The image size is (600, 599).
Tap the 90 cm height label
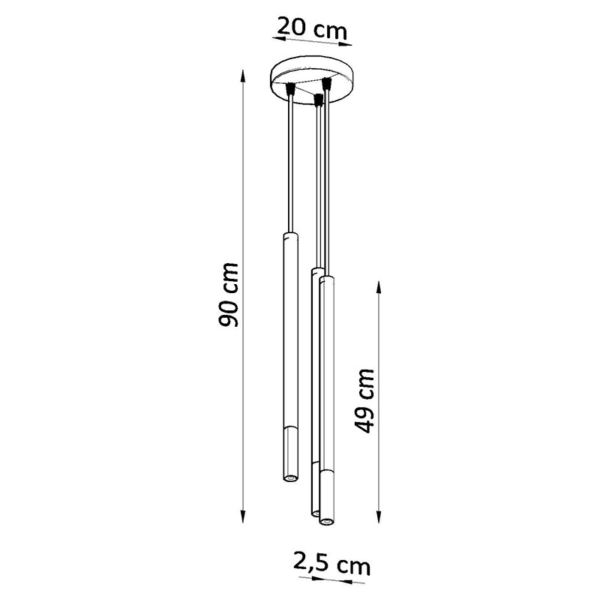click(228, 295)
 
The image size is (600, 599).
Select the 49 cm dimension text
click(364, 401)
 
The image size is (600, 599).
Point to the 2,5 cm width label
click(331, 564)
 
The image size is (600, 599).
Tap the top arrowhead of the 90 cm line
click(242, 77)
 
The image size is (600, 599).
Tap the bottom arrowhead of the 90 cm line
click(242, 516)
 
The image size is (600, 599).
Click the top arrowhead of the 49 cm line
click(379, 288)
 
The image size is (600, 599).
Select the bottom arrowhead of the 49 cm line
click(379, 516)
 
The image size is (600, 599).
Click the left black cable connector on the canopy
click(291, 88)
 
